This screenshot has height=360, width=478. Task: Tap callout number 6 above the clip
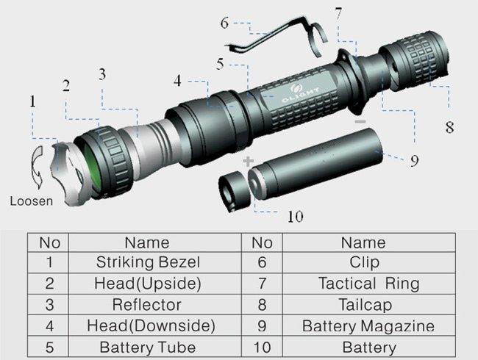pyautogui.click(x=224, y=24)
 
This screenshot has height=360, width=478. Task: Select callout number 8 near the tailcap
pyautogui.click(x=449, y=126)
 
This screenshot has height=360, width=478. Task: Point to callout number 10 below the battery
pyautogui.click(x=295, y=216)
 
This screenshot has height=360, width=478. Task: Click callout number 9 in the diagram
pyautogui.click(x=415, y=160)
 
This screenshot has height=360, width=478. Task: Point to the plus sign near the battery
pyautogui.click(x=248, y=161)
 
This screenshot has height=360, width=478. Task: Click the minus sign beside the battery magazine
pyautogui.click(x=359, y=120)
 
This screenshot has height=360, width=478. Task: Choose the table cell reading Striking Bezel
pyautogui.click(x=148, y=262)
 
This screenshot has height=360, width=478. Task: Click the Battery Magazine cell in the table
pyautogui.click(x=368, y=325)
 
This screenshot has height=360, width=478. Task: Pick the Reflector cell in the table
pyautogui.click(x=147, y=304)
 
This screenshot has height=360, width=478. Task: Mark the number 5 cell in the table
pyautogui.click(x=49, y=348)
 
